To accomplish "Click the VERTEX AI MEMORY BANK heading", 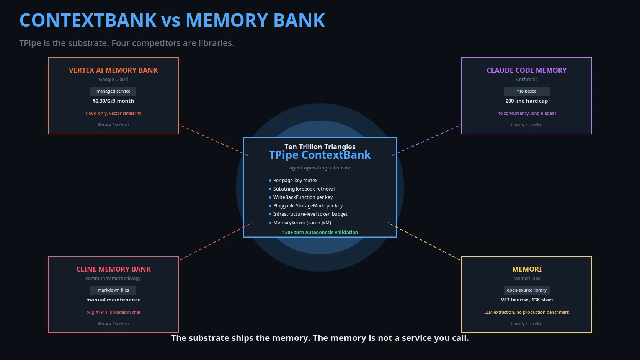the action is [x=113, y=70].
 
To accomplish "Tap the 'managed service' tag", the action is [x=113, y=91].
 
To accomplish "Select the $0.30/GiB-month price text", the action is [x=113, y=101].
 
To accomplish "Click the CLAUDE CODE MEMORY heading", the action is [x=527, y=70].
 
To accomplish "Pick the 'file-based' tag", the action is [x=527, y=91].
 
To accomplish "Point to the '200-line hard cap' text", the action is [x=527, y=101].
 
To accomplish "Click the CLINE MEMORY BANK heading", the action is [x=113, y=269].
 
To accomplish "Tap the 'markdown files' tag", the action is [x=113, y=290].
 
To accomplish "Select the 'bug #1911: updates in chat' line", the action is [x=113, y=312].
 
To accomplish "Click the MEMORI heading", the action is [x=527, y=269].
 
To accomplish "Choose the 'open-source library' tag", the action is [x=527, y=290].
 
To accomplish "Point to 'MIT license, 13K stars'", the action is [x=527, y=300].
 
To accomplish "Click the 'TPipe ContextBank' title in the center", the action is [x=320, y=155].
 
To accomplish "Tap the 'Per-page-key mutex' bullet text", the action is [x=295, y=181].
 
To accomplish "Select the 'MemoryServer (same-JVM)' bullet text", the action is [x=302, y=222].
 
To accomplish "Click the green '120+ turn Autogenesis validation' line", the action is [x=320, y=232].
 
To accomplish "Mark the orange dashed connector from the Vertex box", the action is [x=214, y=140].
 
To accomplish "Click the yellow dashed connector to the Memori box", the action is [x=424, y=241].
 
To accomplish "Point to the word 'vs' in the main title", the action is [x=171, y=21].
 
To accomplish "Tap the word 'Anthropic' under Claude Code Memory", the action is [x=527, y=79].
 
